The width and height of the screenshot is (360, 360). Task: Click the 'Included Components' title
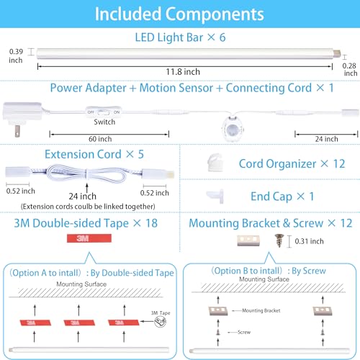[179, 14]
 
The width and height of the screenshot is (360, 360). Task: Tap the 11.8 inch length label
[183, 72]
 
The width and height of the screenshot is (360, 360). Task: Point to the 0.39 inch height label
[16, 55]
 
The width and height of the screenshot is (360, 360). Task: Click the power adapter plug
[22, 119]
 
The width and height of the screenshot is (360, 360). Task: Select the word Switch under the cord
[104, 122]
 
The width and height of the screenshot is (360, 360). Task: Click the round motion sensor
[233, 129]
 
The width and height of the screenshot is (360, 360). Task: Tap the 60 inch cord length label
[100, 139]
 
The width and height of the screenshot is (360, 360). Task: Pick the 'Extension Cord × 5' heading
[94, 154]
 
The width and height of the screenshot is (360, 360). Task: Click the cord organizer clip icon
[215, 163]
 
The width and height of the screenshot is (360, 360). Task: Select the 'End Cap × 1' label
[282, 197]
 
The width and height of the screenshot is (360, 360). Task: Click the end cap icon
[216, 196]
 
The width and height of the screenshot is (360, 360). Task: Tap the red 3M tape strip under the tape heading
[89, 238]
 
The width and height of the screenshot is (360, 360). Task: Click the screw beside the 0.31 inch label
[279, 240]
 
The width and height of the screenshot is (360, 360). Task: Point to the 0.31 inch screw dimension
[309, 241]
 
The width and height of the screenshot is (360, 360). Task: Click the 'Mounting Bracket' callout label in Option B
[261, 310]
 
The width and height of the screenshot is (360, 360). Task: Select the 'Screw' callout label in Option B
[244, 332]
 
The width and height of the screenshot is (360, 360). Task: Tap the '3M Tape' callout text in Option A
[161, 313]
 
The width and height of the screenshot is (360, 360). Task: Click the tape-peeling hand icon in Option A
[160, 322]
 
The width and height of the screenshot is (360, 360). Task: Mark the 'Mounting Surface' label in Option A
[81, 284]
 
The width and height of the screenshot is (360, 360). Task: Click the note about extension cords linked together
[88, 207]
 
